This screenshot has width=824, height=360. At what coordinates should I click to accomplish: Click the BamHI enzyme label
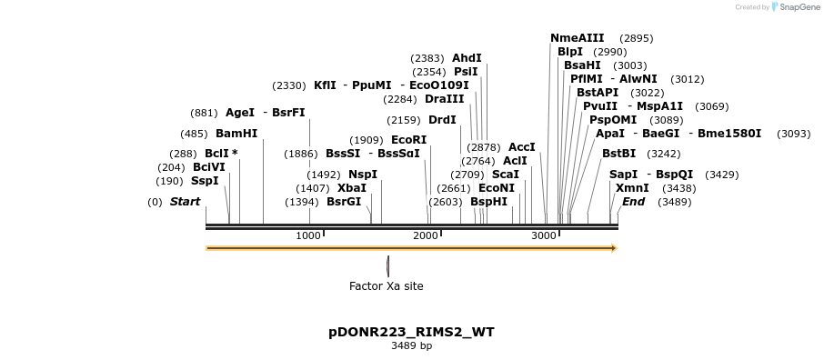tap(236, 133)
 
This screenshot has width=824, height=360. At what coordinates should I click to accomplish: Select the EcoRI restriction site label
tap(408, 140)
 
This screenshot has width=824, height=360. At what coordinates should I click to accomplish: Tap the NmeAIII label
tap(577, 38)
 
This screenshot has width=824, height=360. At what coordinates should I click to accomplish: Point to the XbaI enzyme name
tap(352, 188)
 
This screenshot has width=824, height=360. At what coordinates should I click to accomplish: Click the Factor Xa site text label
tap(386, 285)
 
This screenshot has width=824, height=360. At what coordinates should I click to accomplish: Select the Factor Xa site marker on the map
tap(388, 265)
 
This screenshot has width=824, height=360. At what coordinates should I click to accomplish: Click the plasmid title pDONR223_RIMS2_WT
tap(411, 332)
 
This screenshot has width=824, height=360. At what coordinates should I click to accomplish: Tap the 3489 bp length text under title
tap(411, 345)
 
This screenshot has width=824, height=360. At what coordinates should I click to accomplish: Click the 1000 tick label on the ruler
tap(308, 235)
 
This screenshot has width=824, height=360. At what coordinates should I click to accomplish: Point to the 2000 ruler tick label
tap(426, 235)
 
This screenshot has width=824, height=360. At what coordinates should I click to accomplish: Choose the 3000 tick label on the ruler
tap(543, 235)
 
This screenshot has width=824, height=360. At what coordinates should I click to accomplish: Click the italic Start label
tap(185, 202)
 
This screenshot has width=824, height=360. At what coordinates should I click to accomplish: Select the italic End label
tap(633, 202)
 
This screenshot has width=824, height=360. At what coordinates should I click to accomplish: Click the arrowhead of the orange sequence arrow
tap(614, 248)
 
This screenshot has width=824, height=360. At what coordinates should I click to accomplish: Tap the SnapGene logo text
tap(796, 7)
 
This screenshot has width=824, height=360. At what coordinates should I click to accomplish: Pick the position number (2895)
tap(636, 38)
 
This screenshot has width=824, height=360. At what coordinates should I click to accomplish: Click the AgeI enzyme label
tap(240, 113)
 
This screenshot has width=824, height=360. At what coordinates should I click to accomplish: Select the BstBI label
tap(618, 154)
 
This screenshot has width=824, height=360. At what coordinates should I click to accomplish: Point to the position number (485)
tap(194, 134)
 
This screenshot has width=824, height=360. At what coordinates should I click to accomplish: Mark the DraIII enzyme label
tap(444, 99)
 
